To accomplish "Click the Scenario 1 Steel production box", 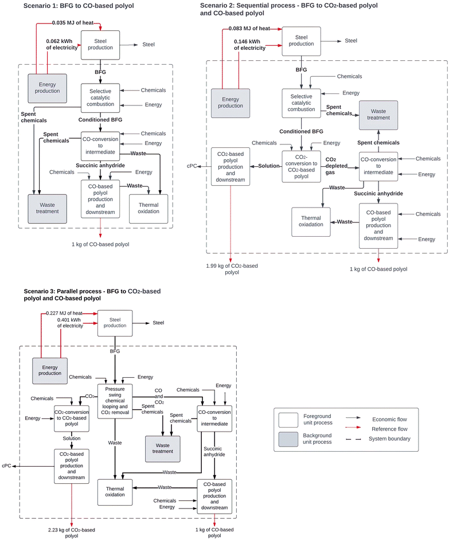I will point(100,44).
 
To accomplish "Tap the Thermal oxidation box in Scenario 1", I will point(149,208).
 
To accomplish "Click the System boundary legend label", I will point(391,439).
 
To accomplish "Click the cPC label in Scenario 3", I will point(7,465).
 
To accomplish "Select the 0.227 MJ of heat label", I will point(64,313).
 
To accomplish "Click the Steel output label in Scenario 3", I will point(158,323).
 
